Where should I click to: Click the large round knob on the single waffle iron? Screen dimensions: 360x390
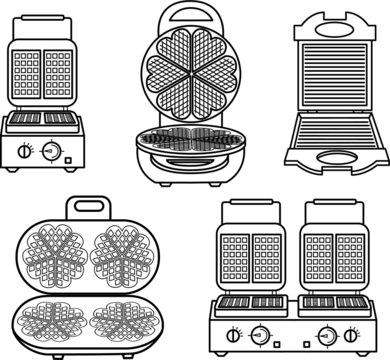[x=47, y=151]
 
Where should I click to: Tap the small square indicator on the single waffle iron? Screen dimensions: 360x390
[x=67, y=155]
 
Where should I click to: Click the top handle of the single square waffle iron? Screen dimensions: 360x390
[x=45, y=22]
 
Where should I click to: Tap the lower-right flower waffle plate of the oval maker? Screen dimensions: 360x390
[x=122, y=320]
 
